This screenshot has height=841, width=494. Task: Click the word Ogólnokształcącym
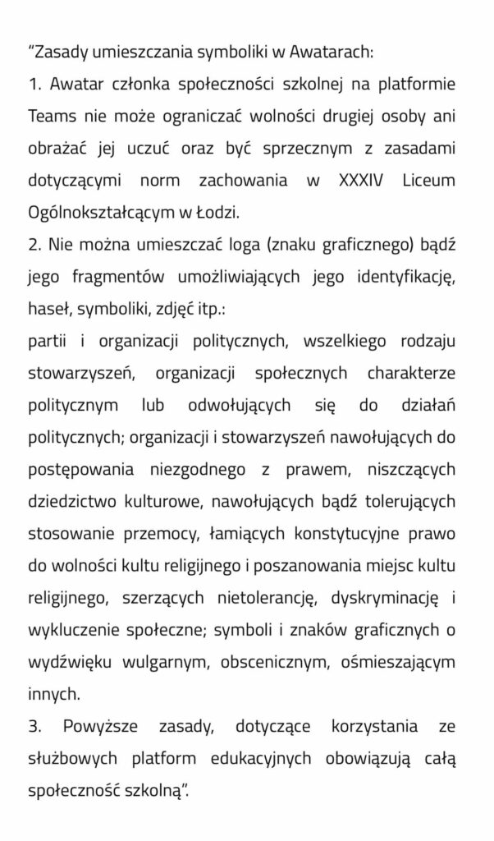click(x=104, y=213)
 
